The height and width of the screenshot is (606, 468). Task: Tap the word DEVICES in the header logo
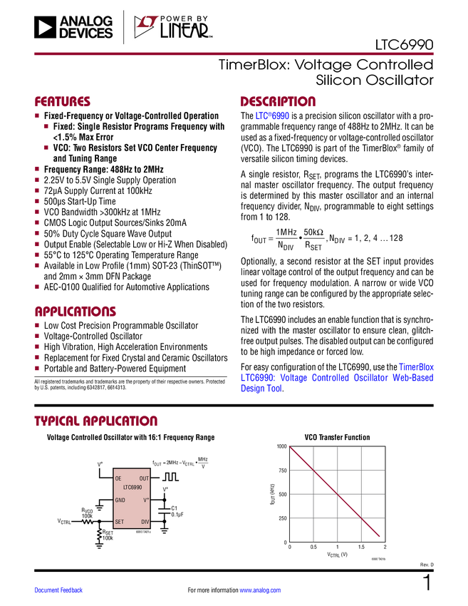85,34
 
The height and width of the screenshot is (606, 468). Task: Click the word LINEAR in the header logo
184,31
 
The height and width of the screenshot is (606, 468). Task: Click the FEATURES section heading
63,102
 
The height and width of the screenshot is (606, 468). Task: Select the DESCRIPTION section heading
278,102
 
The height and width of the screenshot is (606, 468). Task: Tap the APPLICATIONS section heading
76,312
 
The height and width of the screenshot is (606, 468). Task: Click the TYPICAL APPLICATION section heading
95,421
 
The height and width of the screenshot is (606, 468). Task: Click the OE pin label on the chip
118,478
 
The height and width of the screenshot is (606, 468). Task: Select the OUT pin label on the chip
144,478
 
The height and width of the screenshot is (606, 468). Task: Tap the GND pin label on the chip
120,500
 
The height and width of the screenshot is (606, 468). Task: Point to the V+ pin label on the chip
146,500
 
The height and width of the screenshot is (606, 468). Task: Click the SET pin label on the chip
120,522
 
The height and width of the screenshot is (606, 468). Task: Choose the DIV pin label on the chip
145,522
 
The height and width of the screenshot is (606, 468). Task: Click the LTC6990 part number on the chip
132,488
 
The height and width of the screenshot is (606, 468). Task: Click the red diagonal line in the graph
336,492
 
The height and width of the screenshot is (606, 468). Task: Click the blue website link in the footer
261,590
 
